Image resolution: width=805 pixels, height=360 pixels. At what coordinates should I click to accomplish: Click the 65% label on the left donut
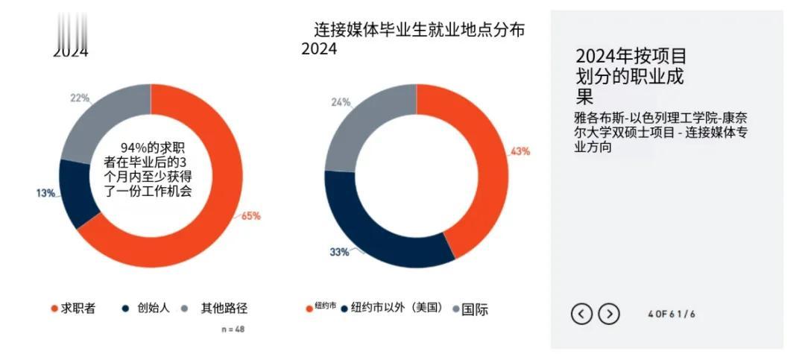point(250,216)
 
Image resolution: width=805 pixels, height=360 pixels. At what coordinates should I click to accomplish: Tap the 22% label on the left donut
point(80,98)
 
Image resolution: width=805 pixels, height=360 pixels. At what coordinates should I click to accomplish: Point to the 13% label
point(45,194)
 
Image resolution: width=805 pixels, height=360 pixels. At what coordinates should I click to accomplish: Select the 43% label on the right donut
point(520,151)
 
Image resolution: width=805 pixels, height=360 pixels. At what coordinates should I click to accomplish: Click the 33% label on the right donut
point(339,252)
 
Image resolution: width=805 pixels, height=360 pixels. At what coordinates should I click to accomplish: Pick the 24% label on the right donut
point(341,102)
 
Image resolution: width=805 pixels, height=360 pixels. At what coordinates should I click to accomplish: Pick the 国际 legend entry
point(470,309)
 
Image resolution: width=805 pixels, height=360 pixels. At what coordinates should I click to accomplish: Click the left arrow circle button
point(581,315)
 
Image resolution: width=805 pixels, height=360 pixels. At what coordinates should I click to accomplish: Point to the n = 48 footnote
point(233,329)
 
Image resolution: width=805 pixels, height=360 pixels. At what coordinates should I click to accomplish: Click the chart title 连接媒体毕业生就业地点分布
point(419,31)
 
